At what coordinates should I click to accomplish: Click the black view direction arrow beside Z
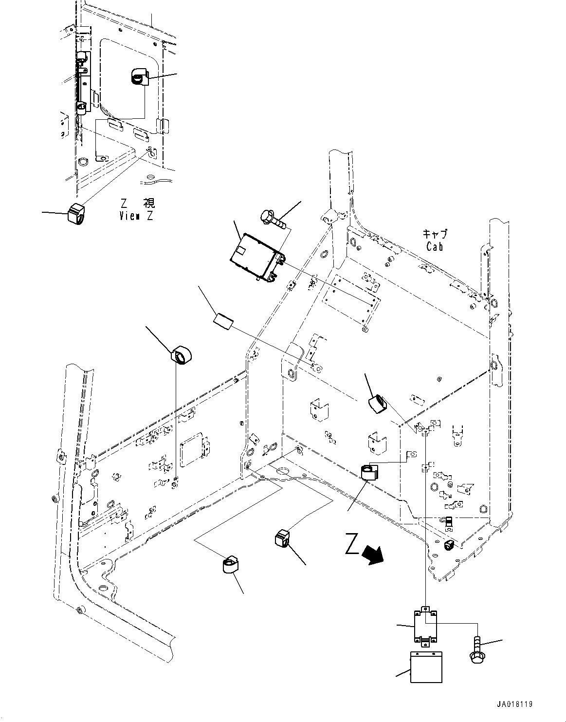pyautogui.click(x=375, y=555)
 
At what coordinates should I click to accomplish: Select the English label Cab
pyautogui.click(x=434, y=247)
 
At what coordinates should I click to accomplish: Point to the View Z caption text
pyautogui.click(x=136, y=216)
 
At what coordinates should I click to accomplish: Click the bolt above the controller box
pyautogui.click(x=273, y=217)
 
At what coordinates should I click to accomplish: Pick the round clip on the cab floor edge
pyautogui.click(x=369, y=472)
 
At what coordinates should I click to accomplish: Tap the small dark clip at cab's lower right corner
pyautogui.click(x=449, y=545)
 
